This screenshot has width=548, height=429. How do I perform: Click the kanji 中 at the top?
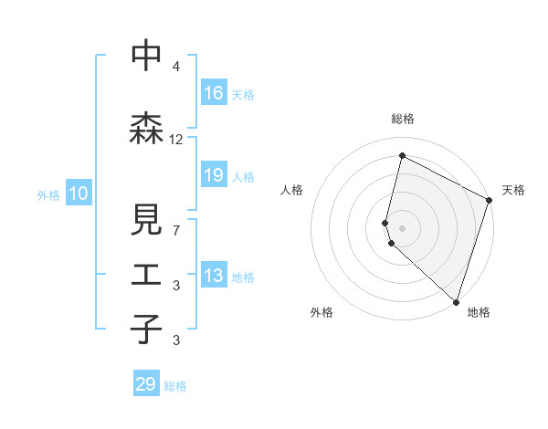(146, 57)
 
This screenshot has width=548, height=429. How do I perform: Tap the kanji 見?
(146, 222)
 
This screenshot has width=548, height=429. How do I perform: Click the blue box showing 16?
(213, 93)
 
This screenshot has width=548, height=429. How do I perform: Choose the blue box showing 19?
(213, 175)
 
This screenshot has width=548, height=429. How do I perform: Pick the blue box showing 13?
(213, 277)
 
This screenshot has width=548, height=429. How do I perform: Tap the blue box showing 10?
(79, 194)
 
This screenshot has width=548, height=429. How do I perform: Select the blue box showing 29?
(146, 384)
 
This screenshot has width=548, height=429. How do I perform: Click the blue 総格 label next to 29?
(175, 386)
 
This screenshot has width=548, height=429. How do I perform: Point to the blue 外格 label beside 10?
(48, 194)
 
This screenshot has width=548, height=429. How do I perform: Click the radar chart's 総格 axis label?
(402, 119)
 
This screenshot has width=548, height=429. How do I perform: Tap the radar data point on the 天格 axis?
(489, 201)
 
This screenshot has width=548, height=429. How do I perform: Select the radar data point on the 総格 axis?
(402, 156)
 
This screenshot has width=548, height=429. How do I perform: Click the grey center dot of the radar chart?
(402, 226)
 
